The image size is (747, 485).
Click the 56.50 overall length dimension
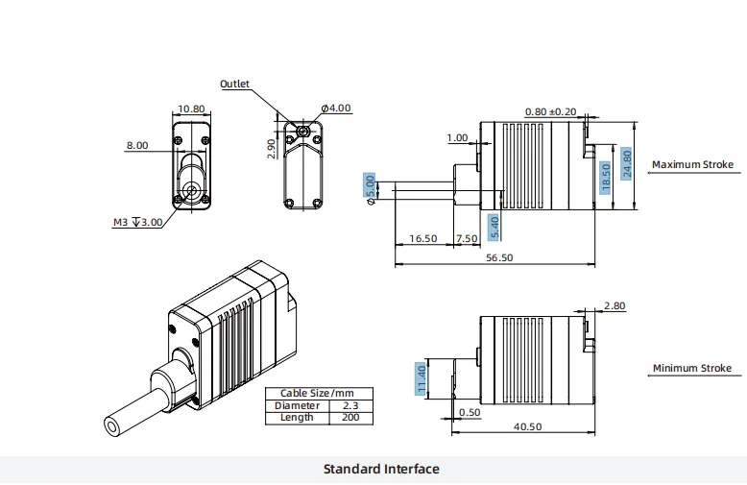pos(499,257)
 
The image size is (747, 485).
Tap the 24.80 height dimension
pos(627,164)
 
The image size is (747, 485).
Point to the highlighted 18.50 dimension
pos(605,178)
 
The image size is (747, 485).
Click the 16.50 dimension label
pos(423,238)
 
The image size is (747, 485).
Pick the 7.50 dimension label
pos(467,238)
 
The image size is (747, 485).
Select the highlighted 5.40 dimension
pos(494,227)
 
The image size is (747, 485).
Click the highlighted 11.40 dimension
pos(420,378)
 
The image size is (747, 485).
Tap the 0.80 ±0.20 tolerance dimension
pos(551,111)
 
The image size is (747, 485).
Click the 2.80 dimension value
pos(614,306)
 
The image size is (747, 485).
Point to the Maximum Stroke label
pos(691,164)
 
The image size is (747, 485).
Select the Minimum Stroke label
pos(691,368)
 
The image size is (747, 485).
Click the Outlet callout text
pos(234,84)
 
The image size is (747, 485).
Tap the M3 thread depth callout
pos(137,222)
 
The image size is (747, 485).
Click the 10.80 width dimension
pos(192,109)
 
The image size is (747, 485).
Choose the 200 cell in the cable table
pos(350,418)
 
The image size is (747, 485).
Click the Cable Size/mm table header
pos(318,394)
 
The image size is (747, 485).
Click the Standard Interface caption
pos(381,470)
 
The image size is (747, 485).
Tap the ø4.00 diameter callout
pos(335,108)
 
